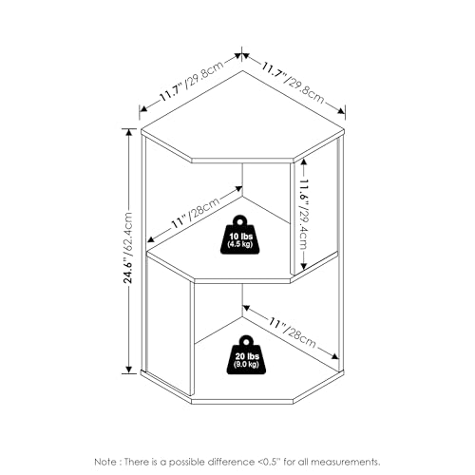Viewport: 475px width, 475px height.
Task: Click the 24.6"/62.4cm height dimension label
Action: pyautogui.click(x=128, y=248)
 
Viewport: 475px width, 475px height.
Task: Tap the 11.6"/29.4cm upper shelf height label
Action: pyautogui.click(x=304, y=215)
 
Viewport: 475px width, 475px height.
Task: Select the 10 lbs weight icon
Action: pyautogui.click(x=239, y=235)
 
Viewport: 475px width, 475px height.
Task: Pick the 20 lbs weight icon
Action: pyautogui.click(x=246, y=354)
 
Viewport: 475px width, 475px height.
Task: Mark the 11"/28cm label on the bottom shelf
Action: pyautogui.click(x=293, y=332)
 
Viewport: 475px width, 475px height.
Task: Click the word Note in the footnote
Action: pyautogui.click(x=106, y=462)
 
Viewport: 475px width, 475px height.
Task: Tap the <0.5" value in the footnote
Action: pyautogui.click(x=269, y=462)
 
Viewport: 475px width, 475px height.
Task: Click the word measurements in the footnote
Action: pyautogui.click(x=345, y=462)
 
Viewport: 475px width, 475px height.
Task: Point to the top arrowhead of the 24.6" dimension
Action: pyautogui.click(x=128, y=131)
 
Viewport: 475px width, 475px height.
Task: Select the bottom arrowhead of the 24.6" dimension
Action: pyautogui.click(x=128, y=370)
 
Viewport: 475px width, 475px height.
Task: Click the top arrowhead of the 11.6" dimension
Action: pyautogui.click(x=304, y=161)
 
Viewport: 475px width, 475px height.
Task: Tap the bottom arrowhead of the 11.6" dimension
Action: pyautogui.click(x=304, y=266)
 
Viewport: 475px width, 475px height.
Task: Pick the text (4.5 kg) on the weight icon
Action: pyautogui.click(x=240, y=244)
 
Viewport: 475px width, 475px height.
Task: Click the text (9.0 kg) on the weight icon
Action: pyautogui.click(x=246, y=364)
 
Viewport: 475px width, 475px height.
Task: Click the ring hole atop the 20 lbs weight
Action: pyautogui.click(x=246, y=341)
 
